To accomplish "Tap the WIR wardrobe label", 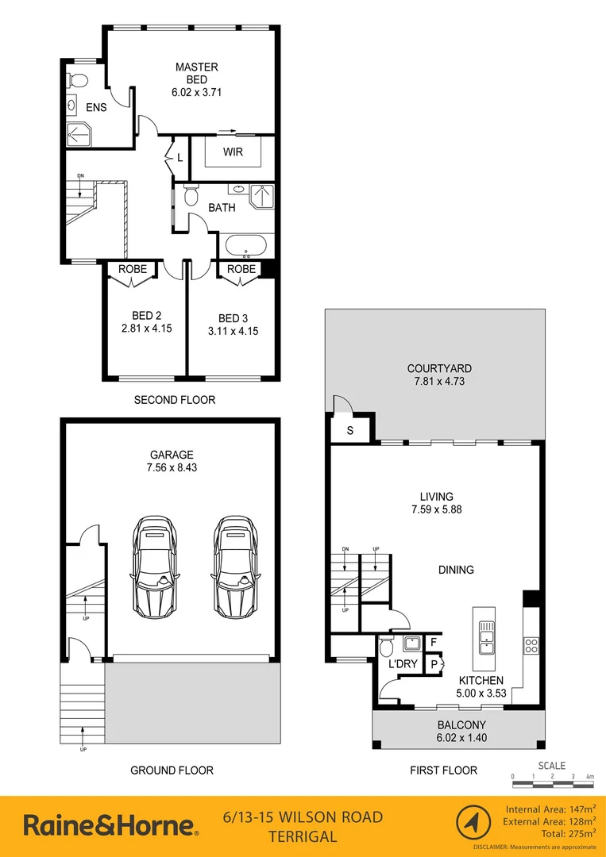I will [x=233, y=151].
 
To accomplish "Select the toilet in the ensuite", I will [x=78, y=80].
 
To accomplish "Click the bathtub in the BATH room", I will [x=246, y=246].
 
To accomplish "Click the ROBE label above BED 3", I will [x=241, y=269].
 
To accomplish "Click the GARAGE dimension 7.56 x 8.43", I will [x=172, y=468].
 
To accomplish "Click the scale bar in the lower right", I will [x=552, y=784].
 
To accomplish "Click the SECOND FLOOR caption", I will [x=174, y=400].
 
